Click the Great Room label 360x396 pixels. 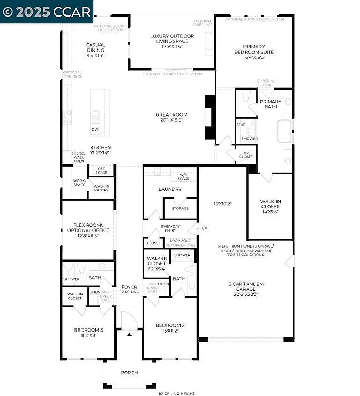[172, 117]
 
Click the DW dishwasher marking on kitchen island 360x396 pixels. [95, 129]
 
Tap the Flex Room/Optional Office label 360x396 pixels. [87, 228]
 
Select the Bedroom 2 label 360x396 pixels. [170, 328]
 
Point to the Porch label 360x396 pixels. [129, 372]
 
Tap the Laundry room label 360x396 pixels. [170, 189]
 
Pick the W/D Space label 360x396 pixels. [184, 177]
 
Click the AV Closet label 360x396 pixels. [247, 154]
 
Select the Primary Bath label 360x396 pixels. [270, 104]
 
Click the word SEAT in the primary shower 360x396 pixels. [240, 125]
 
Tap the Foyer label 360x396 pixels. [129, 289]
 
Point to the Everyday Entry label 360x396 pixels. [170, 229]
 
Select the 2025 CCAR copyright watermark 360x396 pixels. [46, 11]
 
